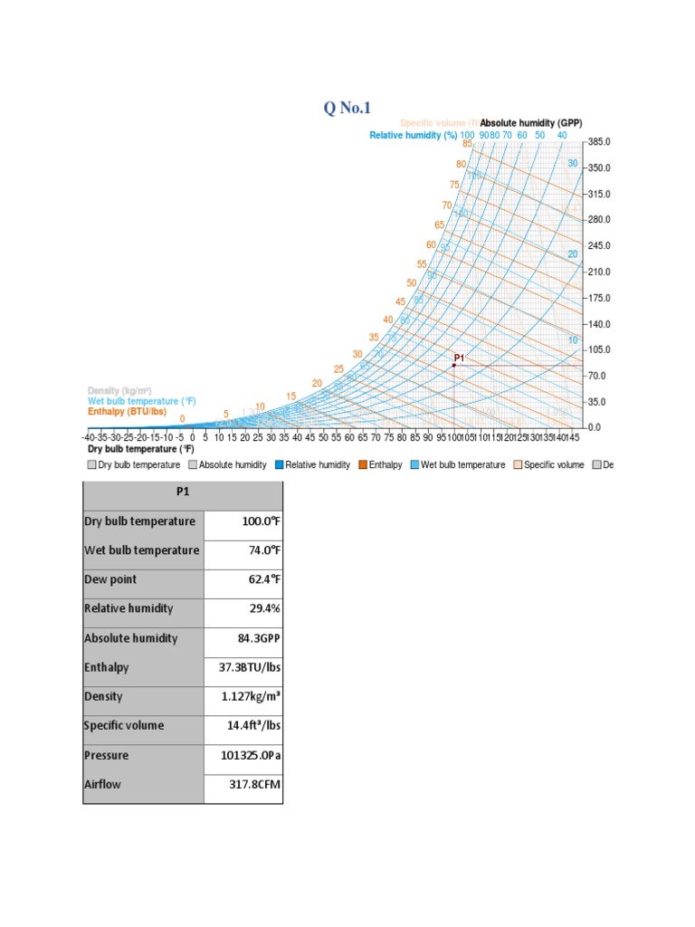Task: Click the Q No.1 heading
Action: pyautogui.click(x=347, y=109)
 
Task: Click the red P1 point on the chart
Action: pyautogui.click(x=454, y=365)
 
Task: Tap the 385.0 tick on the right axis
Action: pyautogui.click(x=601, y=142)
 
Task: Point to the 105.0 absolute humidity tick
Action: pyautogui.click(x=601, y=349)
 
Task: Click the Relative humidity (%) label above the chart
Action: pyautogui.click(x=414, y=135)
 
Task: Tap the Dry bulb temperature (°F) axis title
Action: pyautogui.click(x=141, y=448)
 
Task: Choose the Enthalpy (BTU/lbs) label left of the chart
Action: pyautogui.click(x=128, y=411)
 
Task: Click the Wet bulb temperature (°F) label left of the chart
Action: pyautogui.click(x=141, y=400)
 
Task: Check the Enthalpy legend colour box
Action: pyautogui.click(x=362, y=464)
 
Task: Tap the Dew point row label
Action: pyautogui.click(x=110, y=578)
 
